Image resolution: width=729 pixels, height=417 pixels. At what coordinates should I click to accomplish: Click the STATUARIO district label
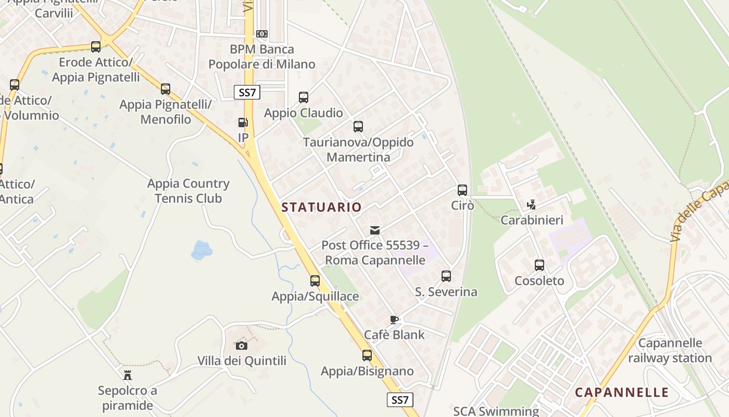321,207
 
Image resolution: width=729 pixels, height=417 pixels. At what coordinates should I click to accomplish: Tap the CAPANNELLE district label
622,392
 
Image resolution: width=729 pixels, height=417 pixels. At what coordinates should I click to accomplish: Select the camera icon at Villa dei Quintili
241,346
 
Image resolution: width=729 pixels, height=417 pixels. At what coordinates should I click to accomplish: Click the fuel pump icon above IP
243,122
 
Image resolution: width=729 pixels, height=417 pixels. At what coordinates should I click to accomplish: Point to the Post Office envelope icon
374,230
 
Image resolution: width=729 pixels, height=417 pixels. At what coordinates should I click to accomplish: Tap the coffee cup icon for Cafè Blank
394,320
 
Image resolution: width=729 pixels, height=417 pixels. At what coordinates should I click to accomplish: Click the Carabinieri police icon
531,205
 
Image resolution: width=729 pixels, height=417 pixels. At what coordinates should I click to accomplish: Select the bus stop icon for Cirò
462,190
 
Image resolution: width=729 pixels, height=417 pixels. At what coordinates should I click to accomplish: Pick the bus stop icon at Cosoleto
539,265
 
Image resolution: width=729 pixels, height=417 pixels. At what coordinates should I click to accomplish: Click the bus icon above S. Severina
446,276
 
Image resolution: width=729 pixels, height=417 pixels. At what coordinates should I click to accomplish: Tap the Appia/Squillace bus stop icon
315,281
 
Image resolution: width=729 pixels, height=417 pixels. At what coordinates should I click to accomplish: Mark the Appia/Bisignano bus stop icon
367,355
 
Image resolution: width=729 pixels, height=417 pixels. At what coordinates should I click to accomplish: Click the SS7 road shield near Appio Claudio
247,93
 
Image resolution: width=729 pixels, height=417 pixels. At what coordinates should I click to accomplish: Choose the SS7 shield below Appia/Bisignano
400,400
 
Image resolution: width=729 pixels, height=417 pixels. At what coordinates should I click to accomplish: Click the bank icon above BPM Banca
262,34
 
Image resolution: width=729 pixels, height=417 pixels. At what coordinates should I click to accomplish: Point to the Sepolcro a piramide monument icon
127,375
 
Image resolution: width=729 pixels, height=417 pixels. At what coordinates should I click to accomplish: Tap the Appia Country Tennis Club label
188,191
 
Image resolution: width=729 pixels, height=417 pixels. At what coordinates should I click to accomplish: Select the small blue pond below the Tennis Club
201,250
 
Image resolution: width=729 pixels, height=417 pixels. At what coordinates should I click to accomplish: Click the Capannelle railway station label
670,350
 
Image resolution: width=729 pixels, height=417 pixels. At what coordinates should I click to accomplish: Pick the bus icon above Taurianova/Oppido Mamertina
358,127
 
